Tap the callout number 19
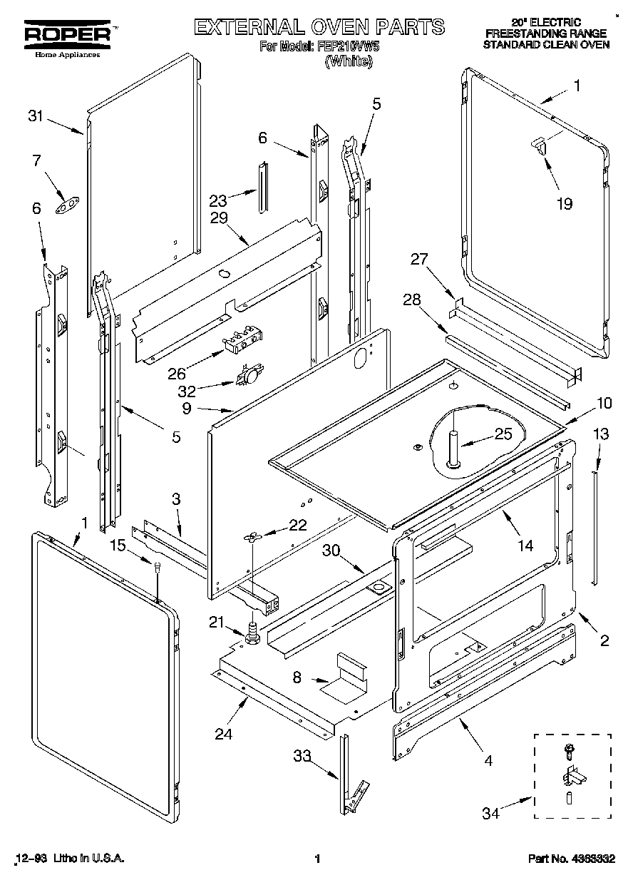coord(564,204)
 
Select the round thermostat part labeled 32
coord(249,374)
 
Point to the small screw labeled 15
coord(157,568)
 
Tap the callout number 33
coord(303,756)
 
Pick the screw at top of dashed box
coord(568,749)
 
